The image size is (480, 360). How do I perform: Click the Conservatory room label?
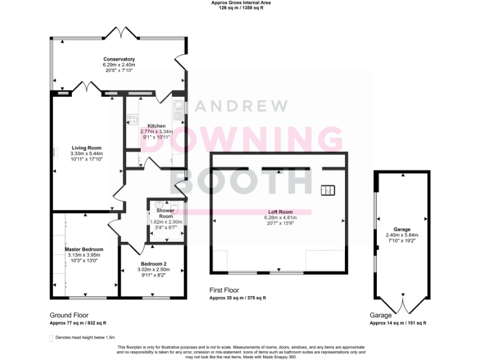click(x=119, y=59)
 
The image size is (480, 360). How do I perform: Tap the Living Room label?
click(x=86, y=148)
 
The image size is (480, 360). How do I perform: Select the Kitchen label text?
click(x=156, y=126)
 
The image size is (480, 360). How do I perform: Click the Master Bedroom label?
click(x=84, y=249)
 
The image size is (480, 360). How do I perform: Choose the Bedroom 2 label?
click(x=153, y=264)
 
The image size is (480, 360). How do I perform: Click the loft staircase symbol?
click(x=328, y=191)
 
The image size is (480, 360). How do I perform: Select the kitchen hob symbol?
click(x=132, y=117)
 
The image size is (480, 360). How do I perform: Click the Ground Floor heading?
click(x=69, y=316)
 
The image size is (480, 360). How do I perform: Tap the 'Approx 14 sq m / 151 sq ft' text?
click(x=398, y=323)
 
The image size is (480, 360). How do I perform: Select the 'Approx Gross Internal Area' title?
click(x=241, y=3)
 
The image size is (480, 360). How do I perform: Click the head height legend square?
click(x=51, y=337)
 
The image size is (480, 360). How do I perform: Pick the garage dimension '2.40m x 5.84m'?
click(x=401, y=235)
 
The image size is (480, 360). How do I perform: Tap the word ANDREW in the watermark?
click(x=243, y=107)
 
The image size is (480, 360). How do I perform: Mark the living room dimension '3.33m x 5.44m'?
click(x=86, y=154)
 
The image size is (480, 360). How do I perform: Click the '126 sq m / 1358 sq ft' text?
click(x=241, y=9)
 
